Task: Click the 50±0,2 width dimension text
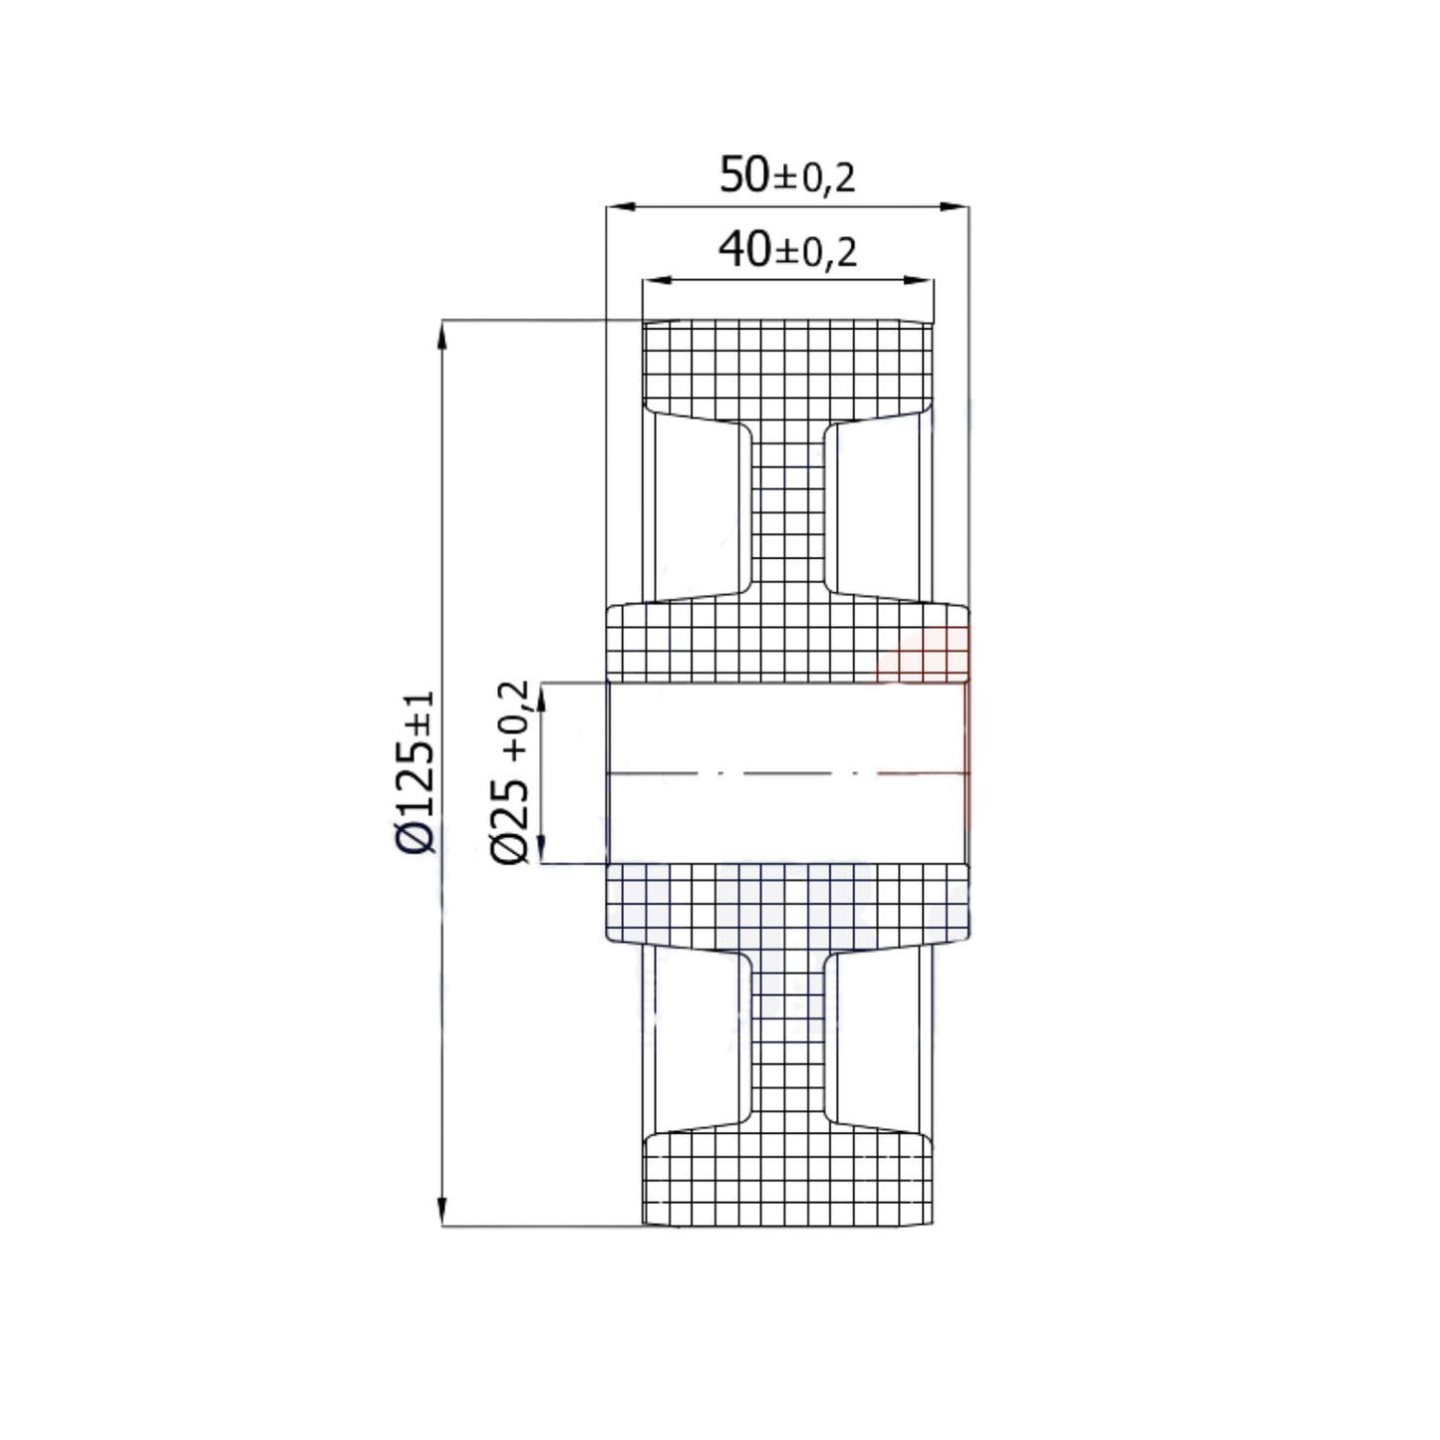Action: click(787, 176)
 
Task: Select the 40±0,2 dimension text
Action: click(787, 250)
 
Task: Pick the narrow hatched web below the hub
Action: click(787, 1036)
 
